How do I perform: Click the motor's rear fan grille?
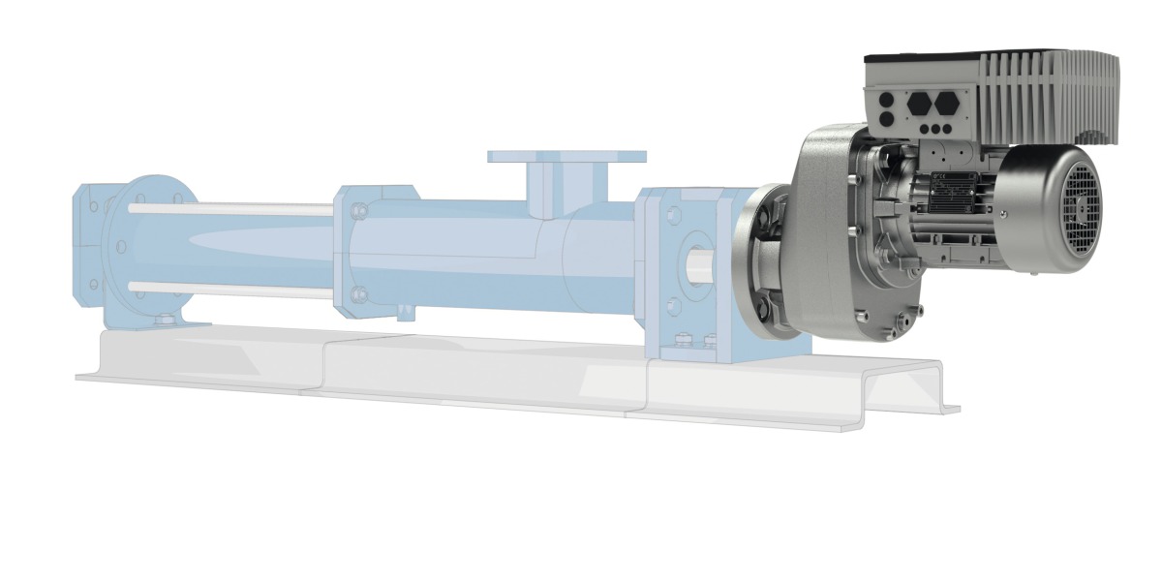tap(1077, 206)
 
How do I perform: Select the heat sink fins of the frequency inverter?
tap(1046, 92)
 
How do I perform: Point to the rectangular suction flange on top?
tap(566, 156)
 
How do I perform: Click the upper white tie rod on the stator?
tap(232, 209)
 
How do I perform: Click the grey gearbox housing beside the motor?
tap(823, 232)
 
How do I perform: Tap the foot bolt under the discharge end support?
tap(166, 320)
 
